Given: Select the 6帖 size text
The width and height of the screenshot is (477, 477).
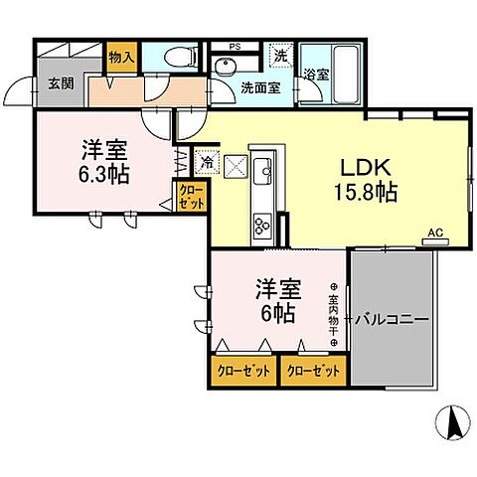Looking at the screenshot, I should click(277, 313).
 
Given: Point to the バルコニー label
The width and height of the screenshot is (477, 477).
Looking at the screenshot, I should click(395, 320).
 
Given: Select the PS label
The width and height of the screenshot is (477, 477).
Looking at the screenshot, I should click(235, 45).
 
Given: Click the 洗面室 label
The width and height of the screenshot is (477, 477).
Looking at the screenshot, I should click(260, 87).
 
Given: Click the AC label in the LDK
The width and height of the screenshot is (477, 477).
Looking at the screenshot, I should click(433, 234).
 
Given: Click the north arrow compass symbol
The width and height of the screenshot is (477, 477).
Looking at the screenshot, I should click(453, 423).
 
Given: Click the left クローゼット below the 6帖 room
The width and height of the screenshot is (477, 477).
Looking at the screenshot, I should click(242, 371).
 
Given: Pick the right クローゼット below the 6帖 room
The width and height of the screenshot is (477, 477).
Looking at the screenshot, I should click(311, 371).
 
